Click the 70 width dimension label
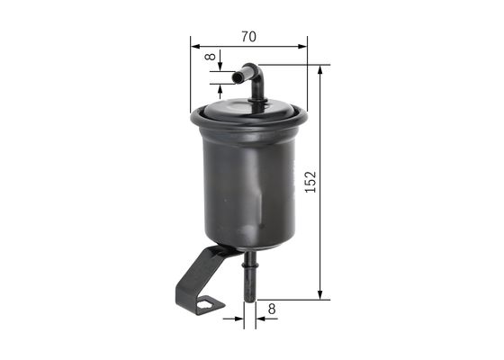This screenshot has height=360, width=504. coord(249,36)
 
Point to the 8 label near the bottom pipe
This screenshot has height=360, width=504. coord(272,309)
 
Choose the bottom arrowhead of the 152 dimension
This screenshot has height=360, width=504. coord(321,294)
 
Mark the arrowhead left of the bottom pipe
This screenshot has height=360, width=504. coord(239,317)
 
